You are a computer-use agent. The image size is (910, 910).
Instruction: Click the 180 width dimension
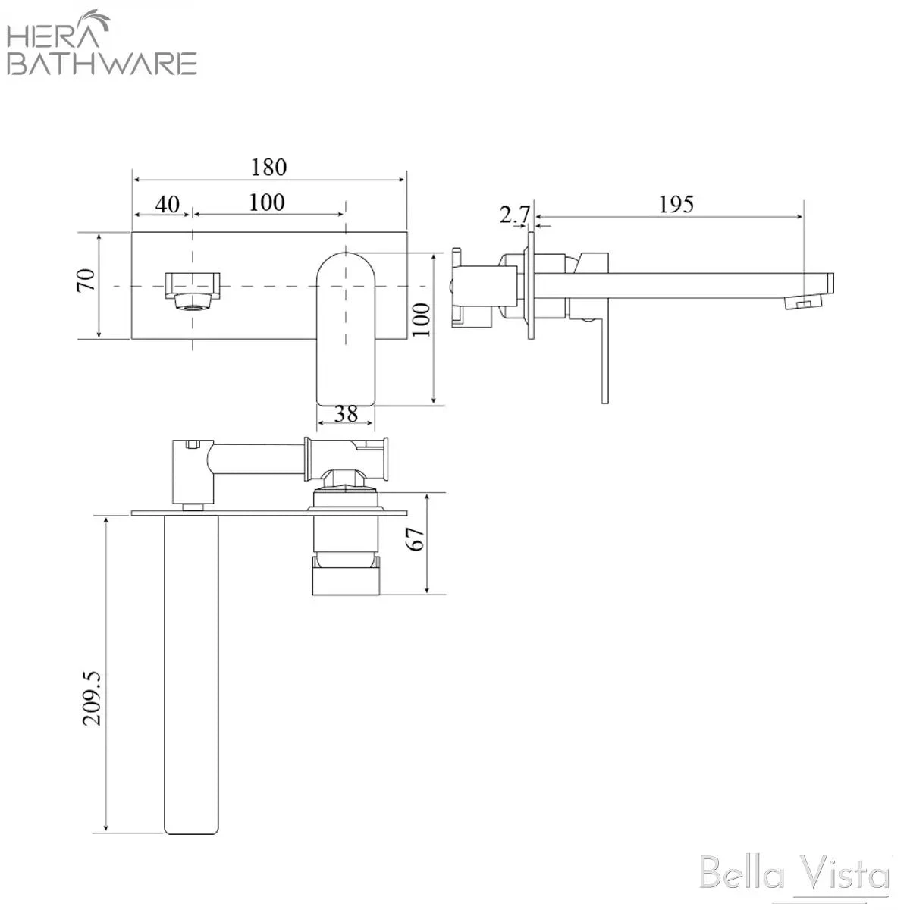point(268,167)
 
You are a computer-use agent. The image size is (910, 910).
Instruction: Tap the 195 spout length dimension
point(676,204)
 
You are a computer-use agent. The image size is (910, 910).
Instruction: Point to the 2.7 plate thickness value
point(514,215)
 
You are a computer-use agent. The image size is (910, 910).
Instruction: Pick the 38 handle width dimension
point(346,414)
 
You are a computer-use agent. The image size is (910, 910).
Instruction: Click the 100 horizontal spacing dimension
point(267,202)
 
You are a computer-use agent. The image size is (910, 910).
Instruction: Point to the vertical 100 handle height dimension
point(423,319)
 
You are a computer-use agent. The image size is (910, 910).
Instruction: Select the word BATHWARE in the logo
point(102,63)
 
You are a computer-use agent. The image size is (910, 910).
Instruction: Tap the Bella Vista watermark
point(794,875)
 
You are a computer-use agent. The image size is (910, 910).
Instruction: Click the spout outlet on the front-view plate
point(193,289)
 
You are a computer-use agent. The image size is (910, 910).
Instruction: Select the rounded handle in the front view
point(346,326)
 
